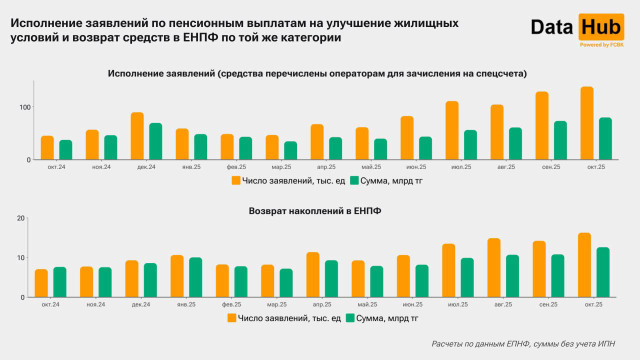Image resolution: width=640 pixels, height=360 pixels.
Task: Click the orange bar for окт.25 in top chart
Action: tap(586, 123)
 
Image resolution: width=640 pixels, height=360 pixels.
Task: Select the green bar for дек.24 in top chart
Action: tap(155, 141)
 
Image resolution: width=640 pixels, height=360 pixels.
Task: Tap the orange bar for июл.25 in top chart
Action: tap(452, 130)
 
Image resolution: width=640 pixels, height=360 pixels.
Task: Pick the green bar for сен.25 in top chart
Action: tap(560, 140)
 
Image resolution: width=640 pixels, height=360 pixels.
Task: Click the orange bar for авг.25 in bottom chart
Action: tap(493, 267)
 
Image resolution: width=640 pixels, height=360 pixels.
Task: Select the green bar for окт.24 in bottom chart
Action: tap(60, 282)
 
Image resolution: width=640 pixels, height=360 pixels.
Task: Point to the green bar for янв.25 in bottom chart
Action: tap(195, 277)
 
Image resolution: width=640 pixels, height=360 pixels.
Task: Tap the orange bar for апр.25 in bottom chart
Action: tap(312, 274)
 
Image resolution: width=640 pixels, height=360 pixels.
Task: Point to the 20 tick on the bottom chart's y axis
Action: tap(20, 218)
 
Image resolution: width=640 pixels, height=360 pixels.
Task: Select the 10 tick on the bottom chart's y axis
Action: tap(20, 257)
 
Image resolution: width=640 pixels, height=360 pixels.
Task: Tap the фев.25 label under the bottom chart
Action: tap(231, 304)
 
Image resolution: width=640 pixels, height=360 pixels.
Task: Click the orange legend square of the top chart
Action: tap(236, 180)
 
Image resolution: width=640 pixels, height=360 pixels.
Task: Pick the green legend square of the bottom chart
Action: tap(350, 318)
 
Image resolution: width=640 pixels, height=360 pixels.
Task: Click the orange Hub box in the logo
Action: tap(601, 27)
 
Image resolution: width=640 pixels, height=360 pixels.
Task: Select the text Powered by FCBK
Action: tap(601, 45)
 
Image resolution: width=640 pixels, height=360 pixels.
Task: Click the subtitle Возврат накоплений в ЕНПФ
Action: tap(315, 211)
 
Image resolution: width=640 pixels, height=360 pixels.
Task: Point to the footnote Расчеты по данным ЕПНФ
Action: tap(523, 344)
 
